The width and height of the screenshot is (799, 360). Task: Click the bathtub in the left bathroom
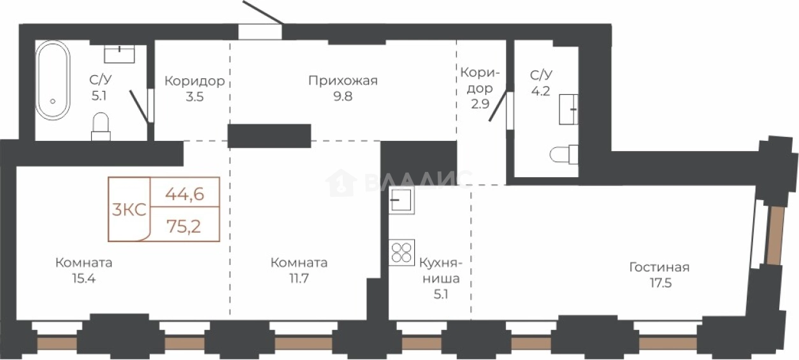point(54,80)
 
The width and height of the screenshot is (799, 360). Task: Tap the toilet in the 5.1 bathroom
point(101,126)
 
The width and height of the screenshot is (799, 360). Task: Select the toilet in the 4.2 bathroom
point(564,154)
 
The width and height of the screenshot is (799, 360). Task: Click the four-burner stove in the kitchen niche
point(401,252)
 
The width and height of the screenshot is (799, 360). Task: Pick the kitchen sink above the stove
point(401,200)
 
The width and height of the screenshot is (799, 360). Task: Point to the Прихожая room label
point(343,81)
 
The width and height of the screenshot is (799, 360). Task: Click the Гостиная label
point(659,267)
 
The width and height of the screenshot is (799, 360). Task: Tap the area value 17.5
point(661,284)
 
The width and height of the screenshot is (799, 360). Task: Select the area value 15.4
point(84,278)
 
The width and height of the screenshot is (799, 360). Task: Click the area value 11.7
point(299,278)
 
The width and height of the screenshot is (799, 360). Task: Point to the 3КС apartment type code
point(129,210)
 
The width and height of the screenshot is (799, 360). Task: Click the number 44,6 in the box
point(185,194)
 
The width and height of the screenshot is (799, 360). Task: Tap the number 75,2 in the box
point(184,226)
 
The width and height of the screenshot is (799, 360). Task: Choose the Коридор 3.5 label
point(195,89)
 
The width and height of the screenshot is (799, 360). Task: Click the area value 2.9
point(480,104)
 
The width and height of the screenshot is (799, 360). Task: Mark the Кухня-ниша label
point(441,271)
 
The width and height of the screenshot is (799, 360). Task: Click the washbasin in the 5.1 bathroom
point(119,54)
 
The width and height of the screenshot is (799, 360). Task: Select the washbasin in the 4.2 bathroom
point(568,110)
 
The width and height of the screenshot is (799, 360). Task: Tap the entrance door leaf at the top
point(263,13)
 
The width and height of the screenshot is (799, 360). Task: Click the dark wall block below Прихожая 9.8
point(270,136)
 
